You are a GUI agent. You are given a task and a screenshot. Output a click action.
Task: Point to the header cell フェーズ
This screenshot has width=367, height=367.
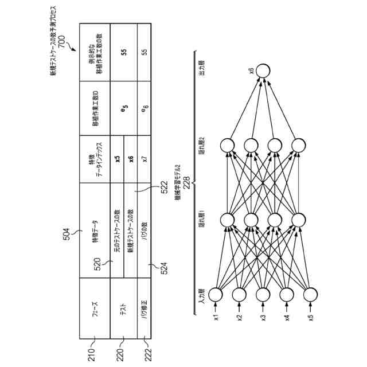(x=95, y=307)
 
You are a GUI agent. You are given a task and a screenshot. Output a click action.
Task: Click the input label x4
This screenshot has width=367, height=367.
(x=286, y=317)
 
